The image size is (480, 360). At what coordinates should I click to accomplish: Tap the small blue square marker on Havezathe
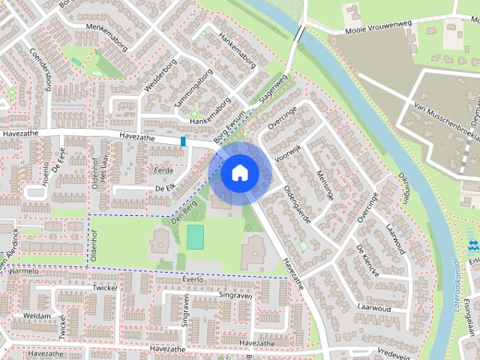click(183, 141)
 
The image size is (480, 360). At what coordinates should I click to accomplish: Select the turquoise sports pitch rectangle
click(195, 237)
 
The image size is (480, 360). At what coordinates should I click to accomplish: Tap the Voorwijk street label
click(286, 154)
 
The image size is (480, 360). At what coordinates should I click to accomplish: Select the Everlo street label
click(192, 278)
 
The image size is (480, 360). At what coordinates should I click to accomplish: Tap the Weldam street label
click(37, 316)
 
